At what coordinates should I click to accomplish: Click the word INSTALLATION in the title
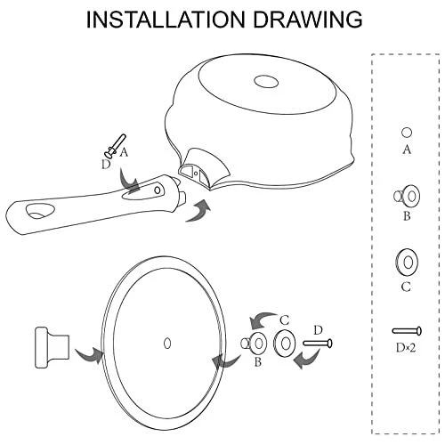click(166, 20)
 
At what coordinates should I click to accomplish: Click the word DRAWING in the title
click(308, 20)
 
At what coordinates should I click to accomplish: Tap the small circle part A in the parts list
click(407, 133)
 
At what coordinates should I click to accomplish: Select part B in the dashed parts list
click(408, 196)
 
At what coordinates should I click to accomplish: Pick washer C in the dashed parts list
click(407, 263)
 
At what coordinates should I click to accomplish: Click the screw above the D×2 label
click(407, 331)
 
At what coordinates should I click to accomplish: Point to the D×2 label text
click(406, 347)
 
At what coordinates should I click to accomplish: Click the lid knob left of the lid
click(53, 348)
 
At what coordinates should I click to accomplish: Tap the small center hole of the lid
click(167, 344)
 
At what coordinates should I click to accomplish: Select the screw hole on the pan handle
click(158, 189)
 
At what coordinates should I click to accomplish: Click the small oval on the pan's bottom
click(266, 81)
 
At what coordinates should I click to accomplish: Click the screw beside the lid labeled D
click(318, 344)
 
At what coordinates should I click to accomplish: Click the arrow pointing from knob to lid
click(89, 355)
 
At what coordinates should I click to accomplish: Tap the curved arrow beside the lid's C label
click(263, 320)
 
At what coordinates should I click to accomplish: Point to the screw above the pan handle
click(115, 146)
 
